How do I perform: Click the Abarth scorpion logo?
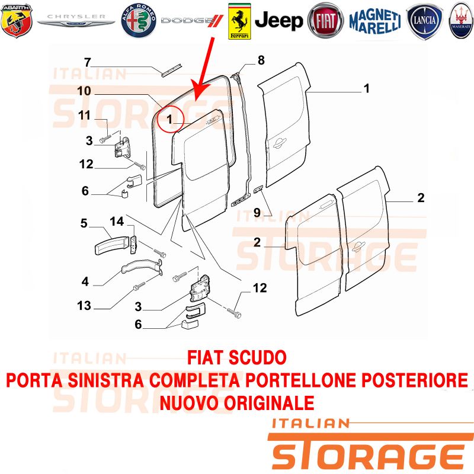coord(17,21)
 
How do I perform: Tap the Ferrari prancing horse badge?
coord(239,21)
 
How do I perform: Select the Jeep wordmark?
coord(278,21)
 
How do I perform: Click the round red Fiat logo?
coord(325,21)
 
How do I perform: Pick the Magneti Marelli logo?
coord(375,21)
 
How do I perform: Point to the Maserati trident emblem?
coord(462,21)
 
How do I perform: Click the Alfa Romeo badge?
coord(139,21)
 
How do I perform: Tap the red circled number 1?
coord(170,119)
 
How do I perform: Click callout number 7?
coord(87,63)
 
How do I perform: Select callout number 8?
coord(261,60)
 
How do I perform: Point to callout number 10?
coord(84,91)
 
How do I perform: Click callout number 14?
coord(117,221)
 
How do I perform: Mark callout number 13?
coord(84,305)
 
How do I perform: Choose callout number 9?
coord(257,213)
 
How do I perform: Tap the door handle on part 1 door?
coord(279,143)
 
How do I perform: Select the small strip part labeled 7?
coord(172,70)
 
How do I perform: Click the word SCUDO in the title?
coord(258,358)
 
